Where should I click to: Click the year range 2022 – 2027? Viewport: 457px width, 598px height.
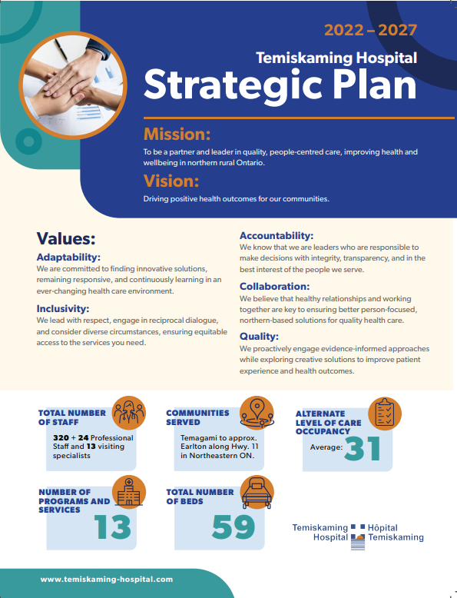pyautogui.click(x=371, y=31)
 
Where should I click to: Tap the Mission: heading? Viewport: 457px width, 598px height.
pyautogui.click(x=177, y=133)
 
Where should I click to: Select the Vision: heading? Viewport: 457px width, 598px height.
pyautogui.click(x=171, y=181)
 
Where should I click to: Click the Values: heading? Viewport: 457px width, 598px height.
pyautogui.click(x=66, y=238)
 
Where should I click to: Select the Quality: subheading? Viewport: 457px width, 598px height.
pyautogui.click(x=259, y=336)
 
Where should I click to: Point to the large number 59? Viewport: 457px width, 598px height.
pyautogui.click(x=233, y=527)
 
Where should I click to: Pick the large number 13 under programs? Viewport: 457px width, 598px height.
pyautogui.click(x=113, y=527)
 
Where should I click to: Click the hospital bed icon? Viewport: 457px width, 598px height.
pyautogui.click(x=257, y=493)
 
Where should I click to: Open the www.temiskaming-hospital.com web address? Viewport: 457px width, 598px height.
pyautogui.click(x=107, y=579)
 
